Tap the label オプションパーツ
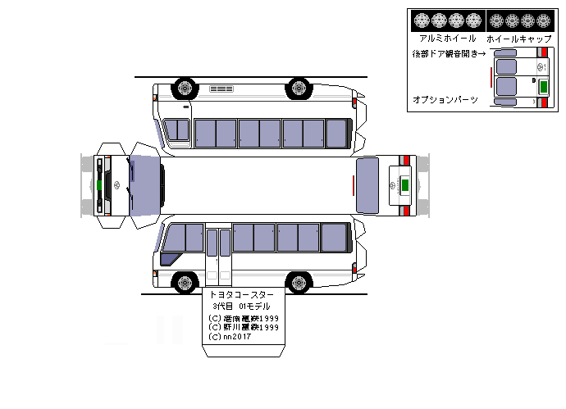click(x=445, y=99)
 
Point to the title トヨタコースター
click(x=243, y=294)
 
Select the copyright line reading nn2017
click(x=231, y=336)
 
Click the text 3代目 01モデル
click(x=242, y=306)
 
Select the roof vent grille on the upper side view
click(x=221, y=88)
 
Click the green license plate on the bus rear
click(x=404, y=184)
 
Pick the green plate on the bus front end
click(x=98, y=184)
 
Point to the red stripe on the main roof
click(x=354, y=186)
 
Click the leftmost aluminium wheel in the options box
click(x=422, y=20)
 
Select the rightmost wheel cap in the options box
click(x=546, y=20)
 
